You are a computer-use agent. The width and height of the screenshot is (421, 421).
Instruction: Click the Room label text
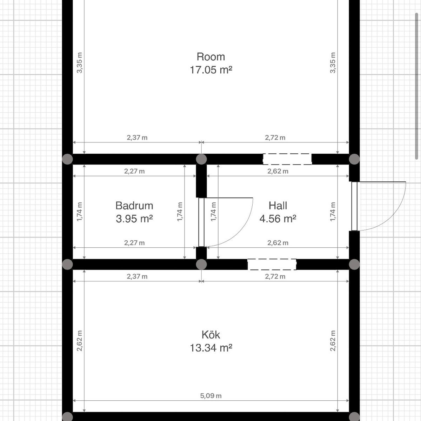coord(210,57)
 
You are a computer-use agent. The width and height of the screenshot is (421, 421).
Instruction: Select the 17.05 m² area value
coord(210,70)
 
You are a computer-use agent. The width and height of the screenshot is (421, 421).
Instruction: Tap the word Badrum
coord(134,206)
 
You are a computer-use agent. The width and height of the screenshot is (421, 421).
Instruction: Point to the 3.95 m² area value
coord(134,219)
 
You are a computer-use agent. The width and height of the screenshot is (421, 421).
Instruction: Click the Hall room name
coord(278,206)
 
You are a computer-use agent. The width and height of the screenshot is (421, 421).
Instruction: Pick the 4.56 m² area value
coord(278,219)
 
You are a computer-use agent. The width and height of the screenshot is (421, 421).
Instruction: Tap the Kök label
coord(210,335)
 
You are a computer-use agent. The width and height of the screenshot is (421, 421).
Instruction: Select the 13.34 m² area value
coord(210,348)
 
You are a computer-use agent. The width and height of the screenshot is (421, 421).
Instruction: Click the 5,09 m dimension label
coord(210,396)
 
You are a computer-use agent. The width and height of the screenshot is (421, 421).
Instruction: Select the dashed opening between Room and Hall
coord(287,159)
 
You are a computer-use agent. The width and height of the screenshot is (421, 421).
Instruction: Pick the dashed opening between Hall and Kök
coord(272,265)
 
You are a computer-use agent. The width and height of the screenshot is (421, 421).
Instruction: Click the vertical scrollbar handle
coord(416,86)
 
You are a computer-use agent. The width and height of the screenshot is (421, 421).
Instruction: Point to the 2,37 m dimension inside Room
coord(137,138)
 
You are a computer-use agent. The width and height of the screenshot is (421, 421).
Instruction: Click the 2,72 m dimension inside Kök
coord(275,276)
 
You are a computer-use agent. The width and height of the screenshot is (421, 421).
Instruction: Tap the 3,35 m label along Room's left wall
coord(80,63)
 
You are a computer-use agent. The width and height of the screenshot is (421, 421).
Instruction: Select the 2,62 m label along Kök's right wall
coord(333,341)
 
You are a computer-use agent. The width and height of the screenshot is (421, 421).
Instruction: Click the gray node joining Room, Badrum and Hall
coord(201,159)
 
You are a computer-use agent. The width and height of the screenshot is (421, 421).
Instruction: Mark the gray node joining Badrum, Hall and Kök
coord(201,265)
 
